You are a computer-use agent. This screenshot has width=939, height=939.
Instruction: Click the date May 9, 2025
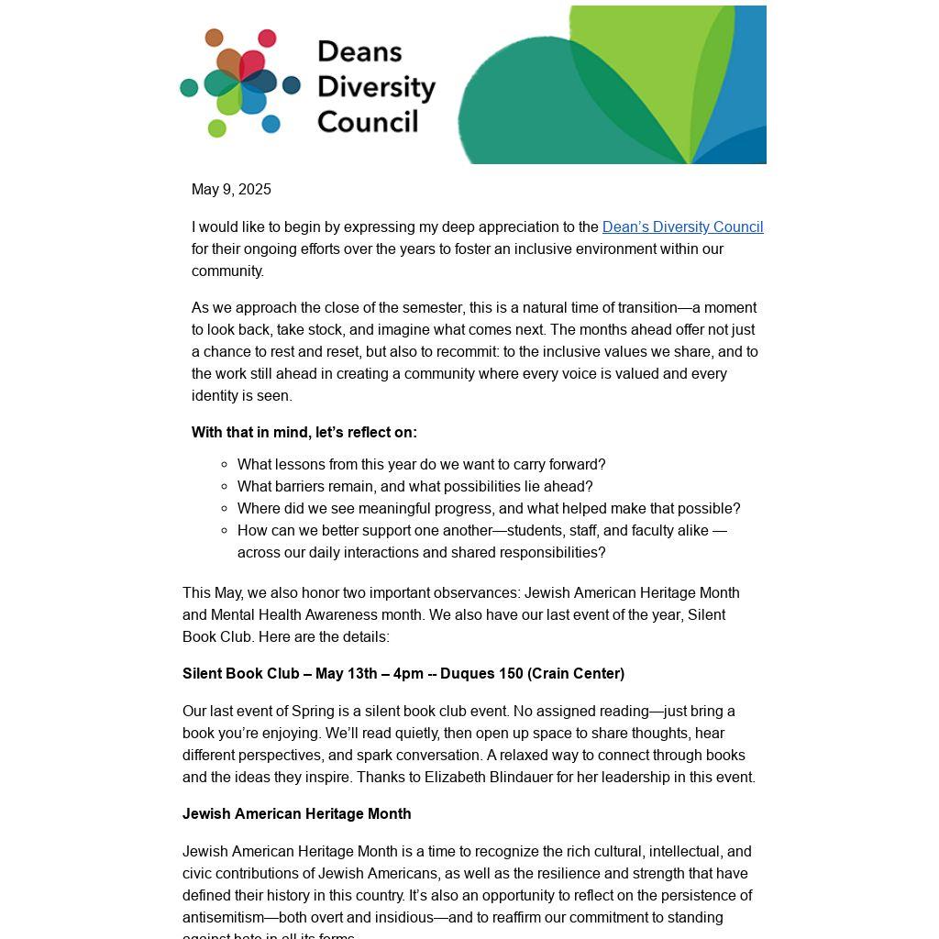[231, 190]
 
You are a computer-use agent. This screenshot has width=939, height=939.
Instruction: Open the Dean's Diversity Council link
[682, 227]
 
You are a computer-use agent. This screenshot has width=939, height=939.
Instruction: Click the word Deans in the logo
[359, 51]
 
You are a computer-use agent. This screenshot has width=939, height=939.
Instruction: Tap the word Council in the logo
[368, 121]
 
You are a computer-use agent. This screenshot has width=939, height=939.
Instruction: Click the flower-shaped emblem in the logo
[240, 83]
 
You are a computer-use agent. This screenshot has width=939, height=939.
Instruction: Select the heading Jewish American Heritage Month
[296, 814]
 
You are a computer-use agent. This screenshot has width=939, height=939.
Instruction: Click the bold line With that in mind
[304, 433]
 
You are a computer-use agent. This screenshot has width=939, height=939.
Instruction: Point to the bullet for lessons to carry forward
[421, 465]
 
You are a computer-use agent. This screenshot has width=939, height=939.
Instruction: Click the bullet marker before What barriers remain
[225, 487]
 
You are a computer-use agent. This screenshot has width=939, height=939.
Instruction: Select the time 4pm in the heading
[408, 674]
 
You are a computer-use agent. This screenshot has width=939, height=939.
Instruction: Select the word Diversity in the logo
[376, 87]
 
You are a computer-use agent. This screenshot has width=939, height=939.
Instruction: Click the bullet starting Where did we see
[488, 509]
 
